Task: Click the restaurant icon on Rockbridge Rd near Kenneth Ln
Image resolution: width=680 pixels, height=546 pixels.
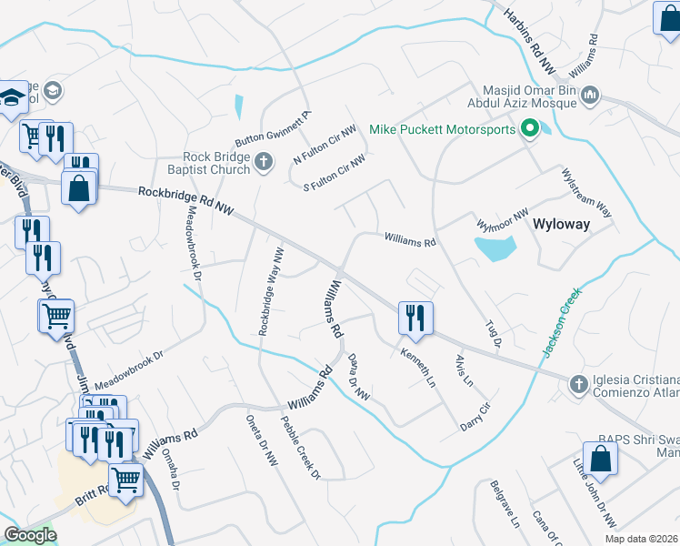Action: pyautogui.click(x=415, y=318)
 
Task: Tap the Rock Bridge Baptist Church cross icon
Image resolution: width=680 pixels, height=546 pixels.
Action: pyautogui.click(x=264, y=162)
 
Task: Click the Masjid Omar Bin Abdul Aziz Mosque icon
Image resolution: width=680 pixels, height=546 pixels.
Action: pyautogui.click(x=590, y=95)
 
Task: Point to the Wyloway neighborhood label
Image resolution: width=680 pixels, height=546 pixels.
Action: pyautogui.click(x=561, y=223)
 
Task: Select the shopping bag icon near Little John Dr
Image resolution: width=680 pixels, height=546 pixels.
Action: pyautogui.click(x=601, y=459)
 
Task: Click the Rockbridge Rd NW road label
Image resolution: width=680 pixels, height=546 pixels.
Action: pyautogui.click(x=186, y=201)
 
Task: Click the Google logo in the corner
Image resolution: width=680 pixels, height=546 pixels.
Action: pyautogui.click(x=30, y=534)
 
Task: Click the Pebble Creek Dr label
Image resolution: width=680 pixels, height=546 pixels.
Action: pyautogui.click(x=301, y=447)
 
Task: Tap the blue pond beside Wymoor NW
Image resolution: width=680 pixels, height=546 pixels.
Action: pyautogui.click(x=495, y=247)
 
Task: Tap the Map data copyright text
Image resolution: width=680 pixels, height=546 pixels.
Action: pyautogui.click(x=642, y=539)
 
